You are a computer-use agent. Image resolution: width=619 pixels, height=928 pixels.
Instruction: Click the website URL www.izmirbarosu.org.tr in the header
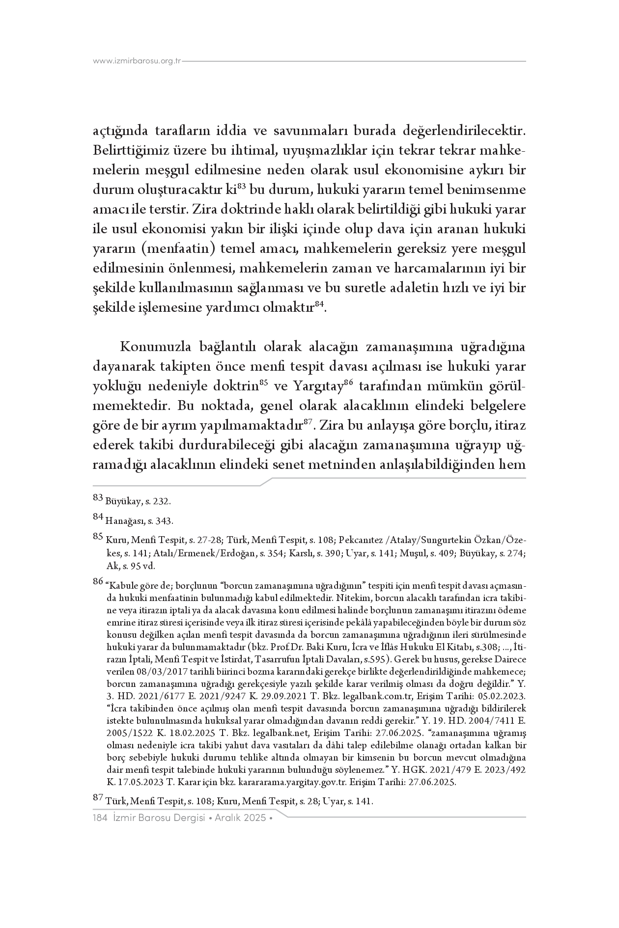pyautogui.click(x=137, y=61)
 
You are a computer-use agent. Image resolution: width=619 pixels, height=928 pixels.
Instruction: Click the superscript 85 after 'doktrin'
pyautogui.click(x=263, y=383)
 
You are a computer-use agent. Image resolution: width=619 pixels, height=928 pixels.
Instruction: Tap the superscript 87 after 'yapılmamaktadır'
pyautogui.click(x=308, y=422)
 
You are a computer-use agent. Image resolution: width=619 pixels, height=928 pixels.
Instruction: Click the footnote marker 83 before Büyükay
pyautogui.click(x=98, y=499)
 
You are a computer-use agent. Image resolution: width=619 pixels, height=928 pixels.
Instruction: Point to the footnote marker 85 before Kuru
pyautogui.click(x=98, y=538)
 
